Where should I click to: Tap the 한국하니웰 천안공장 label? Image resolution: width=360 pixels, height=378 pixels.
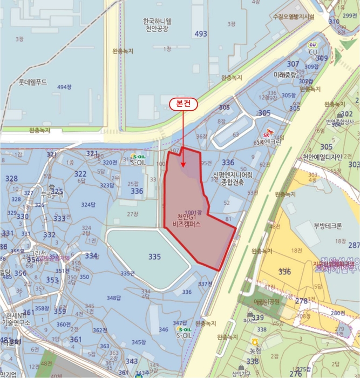[157, 25]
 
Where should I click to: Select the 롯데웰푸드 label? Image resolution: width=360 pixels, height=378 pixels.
[33, 83]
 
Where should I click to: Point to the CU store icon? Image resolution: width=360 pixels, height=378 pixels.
[313, 45]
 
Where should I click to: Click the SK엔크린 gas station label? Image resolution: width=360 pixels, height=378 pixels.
[268, 142]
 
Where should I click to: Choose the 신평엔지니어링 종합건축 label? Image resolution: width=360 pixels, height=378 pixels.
[233, 179]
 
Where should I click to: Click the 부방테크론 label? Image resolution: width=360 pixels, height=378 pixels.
[328, 226]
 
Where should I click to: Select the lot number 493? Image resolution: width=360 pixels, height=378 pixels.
[201, 34]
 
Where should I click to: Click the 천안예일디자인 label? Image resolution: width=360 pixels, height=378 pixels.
[322, 157]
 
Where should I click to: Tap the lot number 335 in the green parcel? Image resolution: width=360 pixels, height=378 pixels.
[154, 256]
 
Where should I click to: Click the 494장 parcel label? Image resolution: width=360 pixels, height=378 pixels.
[64, 87]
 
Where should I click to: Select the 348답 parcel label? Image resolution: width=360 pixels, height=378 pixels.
[113, 298]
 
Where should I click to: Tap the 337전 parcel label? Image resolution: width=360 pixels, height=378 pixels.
[205, 283]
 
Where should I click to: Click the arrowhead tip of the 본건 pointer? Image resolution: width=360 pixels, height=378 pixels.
[184, 167]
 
